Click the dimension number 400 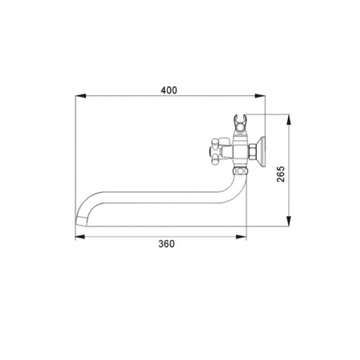[169, 90]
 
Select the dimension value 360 [166, 244]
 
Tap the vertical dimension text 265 [281, 174]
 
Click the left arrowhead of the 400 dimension [81, 96]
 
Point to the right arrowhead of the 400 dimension [260, 96]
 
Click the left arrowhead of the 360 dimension [80, 237]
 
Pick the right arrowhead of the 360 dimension [241, 237]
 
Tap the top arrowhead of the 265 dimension [288, 120]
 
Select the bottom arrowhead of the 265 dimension [288, 221]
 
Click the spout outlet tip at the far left [81, 221]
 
